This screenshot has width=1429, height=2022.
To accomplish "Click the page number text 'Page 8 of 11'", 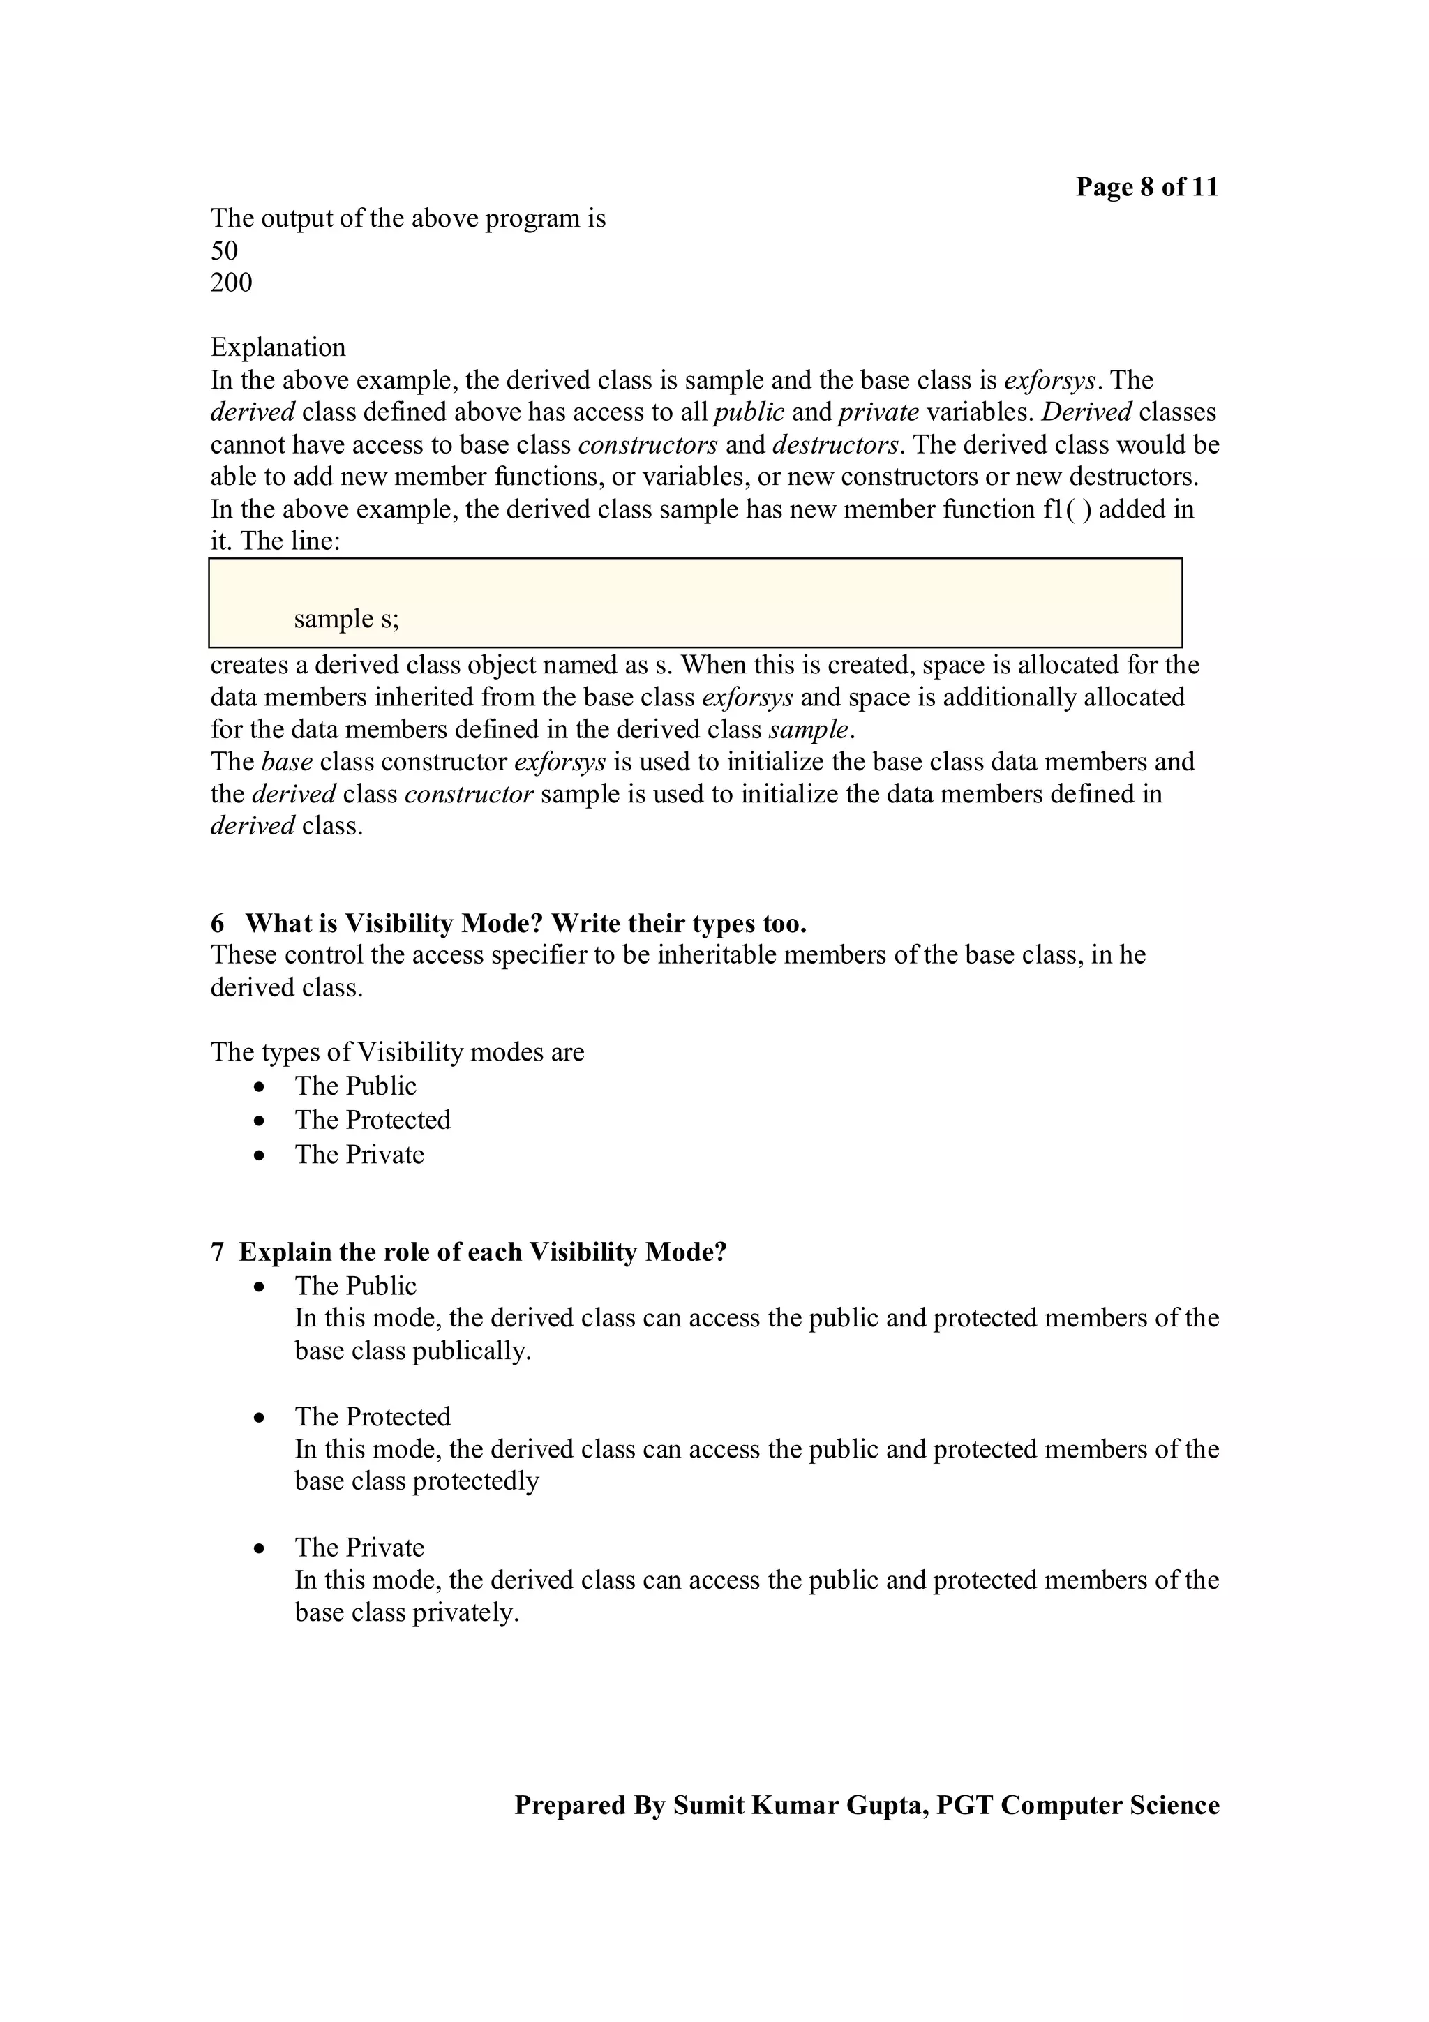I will [x=1146, y=187].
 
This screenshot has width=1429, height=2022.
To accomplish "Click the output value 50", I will [x=224, y=251].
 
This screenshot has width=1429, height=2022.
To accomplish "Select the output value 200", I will [x=231, y=283].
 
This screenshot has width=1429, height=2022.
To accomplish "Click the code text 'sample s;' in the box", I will [x=346, y=618].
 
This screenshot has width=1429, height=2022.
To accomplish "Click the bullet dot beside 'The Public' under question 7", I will [x=259, y=1287].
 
